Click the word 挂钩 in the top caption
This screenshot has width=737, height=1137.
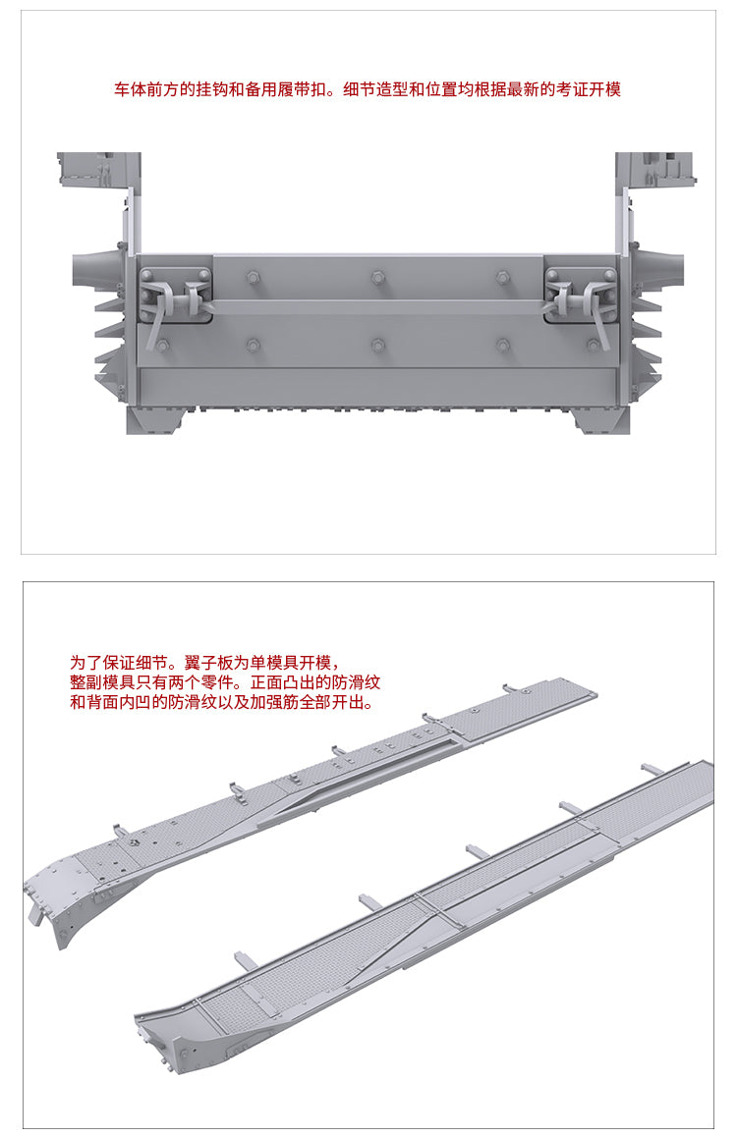212,90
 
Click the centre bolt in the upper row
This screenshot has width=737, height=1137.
377,277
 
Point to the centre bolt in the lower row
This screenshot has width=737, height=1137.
377,344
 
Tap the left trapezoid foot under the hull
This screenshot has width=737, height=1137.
161,419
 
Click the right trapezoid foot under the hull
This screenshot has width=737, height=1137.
595,419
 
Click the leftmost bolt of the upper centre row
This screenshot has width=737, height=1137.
253,277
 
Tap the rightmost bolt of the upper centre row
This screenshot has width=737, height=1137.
502,277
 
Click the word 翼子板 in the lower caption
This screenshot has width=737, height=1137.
209,663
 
